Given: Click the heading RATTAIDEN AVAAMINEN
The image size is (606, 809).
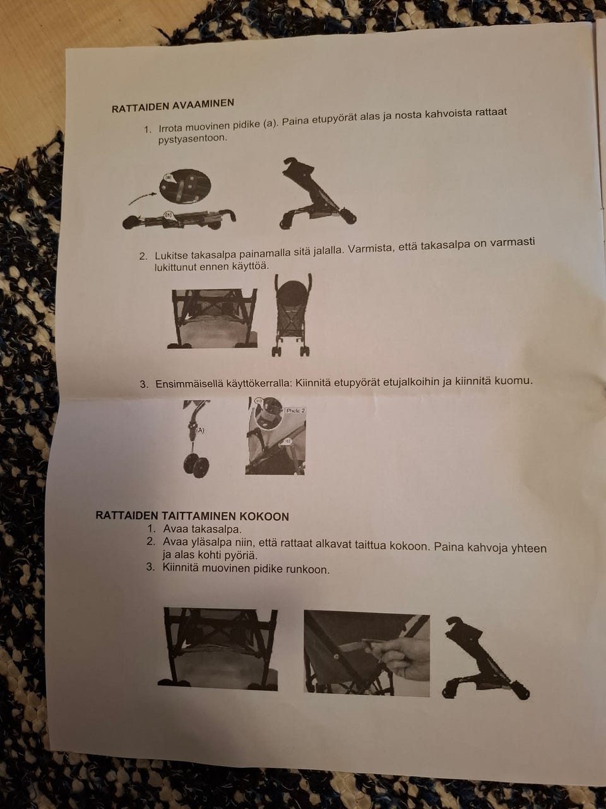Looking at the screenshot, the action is point(172,106).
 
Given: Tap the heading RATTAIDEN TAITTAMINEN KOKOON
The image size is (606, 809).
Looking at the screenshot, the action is point(192,516).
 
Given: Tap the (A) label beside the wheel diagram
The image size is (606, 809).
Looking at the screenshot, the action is point(200,430).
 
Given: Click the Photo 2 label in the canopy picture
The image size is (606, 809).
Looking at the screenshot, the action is point(295,411).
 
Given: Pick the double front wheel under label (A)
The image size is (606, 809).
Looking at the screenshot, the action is point(196,466).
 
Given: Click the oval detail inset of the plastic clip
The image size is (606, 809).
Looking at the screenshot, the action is point(185,186).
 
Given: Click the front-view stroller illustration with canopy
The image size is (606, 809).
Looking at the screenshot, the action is point(292,315).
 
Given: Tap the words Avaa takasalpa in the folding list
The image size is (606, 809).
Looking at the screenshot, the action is point(202,529).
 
